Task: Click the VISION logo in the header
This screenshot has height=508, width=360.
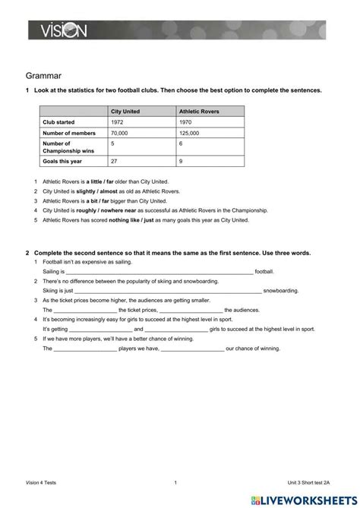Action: tap(59, 30)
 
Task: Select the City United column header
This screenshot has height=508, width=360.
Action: tap(125, 111)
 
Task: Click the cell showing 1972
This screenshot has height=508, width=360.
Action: tap(118, 121)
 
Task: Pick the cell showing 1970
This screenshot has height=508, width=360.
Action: tap(186, 121)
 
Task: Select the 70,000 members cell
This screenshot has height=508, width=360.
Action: tap(120, 132)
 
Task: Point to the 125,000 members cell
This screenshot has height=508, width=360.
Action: tap(190, 132)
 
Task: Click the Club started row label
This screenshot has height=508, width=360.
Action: tap(61, 121)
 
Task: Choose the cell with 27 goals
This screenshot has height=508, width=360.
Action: tap(114, 161)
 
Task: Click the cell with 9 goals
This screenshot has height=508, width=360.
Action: tap(181, 161)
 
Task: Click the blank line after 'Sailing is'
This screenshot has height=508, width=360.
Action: tap(159, 272)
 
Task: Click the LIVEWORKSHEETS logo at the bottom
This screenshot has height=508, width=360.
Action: tap(306, 498)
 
